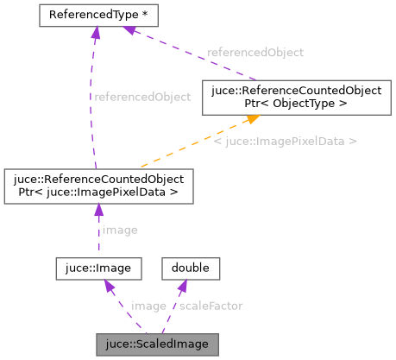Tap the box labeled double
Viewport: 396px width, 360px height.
pos(191,268)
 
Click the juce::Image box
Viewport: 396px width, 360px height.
pos(97,268)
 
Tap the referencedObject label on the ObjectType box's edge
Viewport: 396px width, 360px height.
pos(255,53)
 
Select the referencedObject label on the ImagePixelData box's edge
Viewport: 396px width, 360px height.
pos(141,97)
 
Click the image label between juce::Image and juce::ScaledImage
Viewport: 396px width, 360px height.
pos(148,306)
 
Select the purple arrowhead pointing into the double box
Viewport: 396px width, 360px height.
pos(184,286)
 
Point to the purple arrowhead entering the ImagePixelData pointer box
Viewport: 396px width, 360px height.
pos(99,210)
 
